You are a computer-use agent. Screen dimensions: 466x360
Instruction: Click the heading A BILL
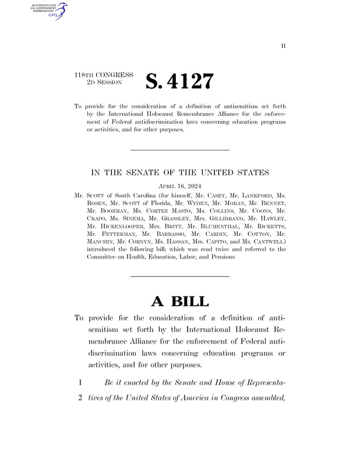[179, 301]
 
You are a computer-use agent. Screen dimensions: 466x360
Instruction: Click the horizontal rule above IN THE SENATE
[179, 150]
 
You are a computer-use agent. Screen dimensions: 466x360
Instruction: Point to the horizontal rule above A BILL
[179, 276]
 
